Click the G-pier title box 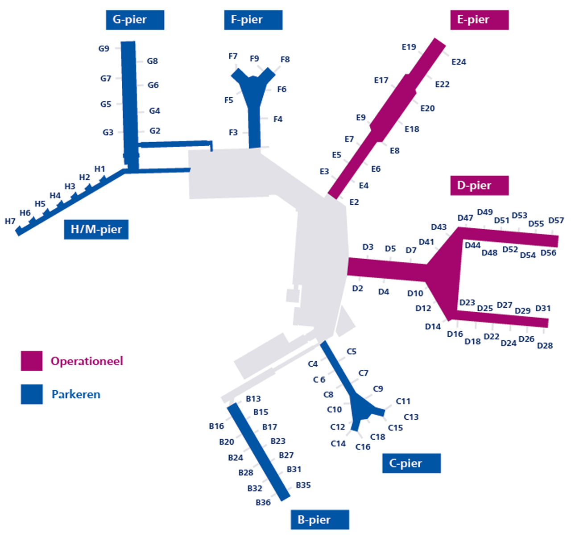(135, 20)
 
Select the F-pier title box (253, 20)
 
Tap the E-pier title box (479, 20)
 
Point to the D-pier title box (479, 186)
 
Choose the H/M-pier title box (96, 229)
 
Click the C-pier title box (411, 463)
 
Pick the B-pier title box (320, 520)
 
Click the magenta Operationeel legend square (32, 361)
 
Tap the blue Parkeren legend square (32, 394)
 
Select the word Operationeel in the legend (87, 361)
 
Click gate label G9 (103, 49)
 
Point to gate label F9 (254, 58)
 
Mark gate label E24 (459, 62)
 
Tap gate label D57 (556, 220)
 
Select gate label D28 (545, 346)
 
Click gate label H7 (10, 221)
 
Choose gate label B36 (263, 503)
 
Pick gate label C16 (363, 447)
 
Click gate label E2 (354, 202)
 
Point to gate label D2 (357, 289)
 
